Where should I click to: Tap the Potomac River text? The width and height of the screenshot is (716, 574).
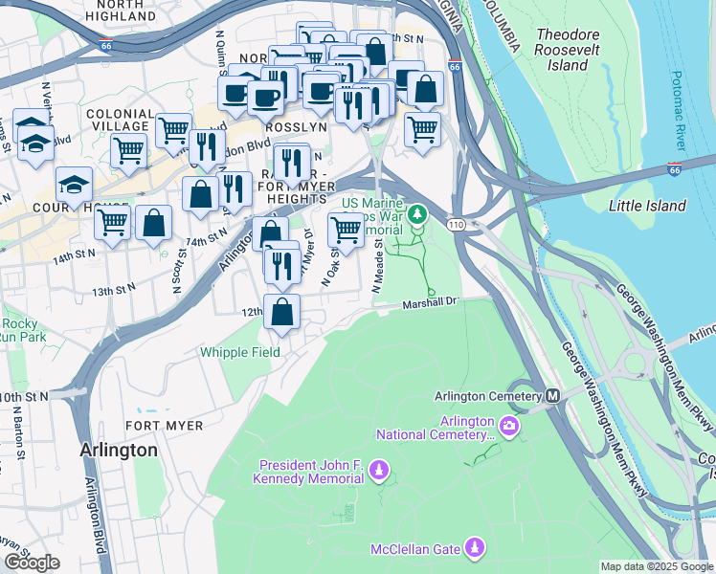pyautogui.click(x=678, y=110)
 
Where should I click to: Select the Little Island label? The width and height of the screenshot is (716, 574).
pyautogui.click(x=647, y=206)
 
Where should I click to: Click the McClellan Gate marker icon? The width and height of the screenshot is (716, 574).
pyautogui.click(x=475, y=547)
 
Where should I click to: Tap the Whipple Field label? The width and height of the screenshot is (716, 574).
pyautogui.click(x=240, y=352)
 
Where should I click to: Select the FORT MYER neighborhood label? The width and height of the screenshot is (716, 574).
pyautogui.click(x=160, y=426)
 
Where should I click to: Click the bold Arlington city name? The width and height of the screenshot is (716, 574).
pyautogui.click(x=119, y=450)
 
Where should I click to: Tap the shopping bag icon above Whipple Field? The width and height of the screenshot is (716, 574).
pyautogui.click(x=282, y=312)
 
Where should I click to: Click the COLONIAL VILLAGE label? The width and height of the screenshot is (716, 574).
pyautogui.click(x=120, y=120)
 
